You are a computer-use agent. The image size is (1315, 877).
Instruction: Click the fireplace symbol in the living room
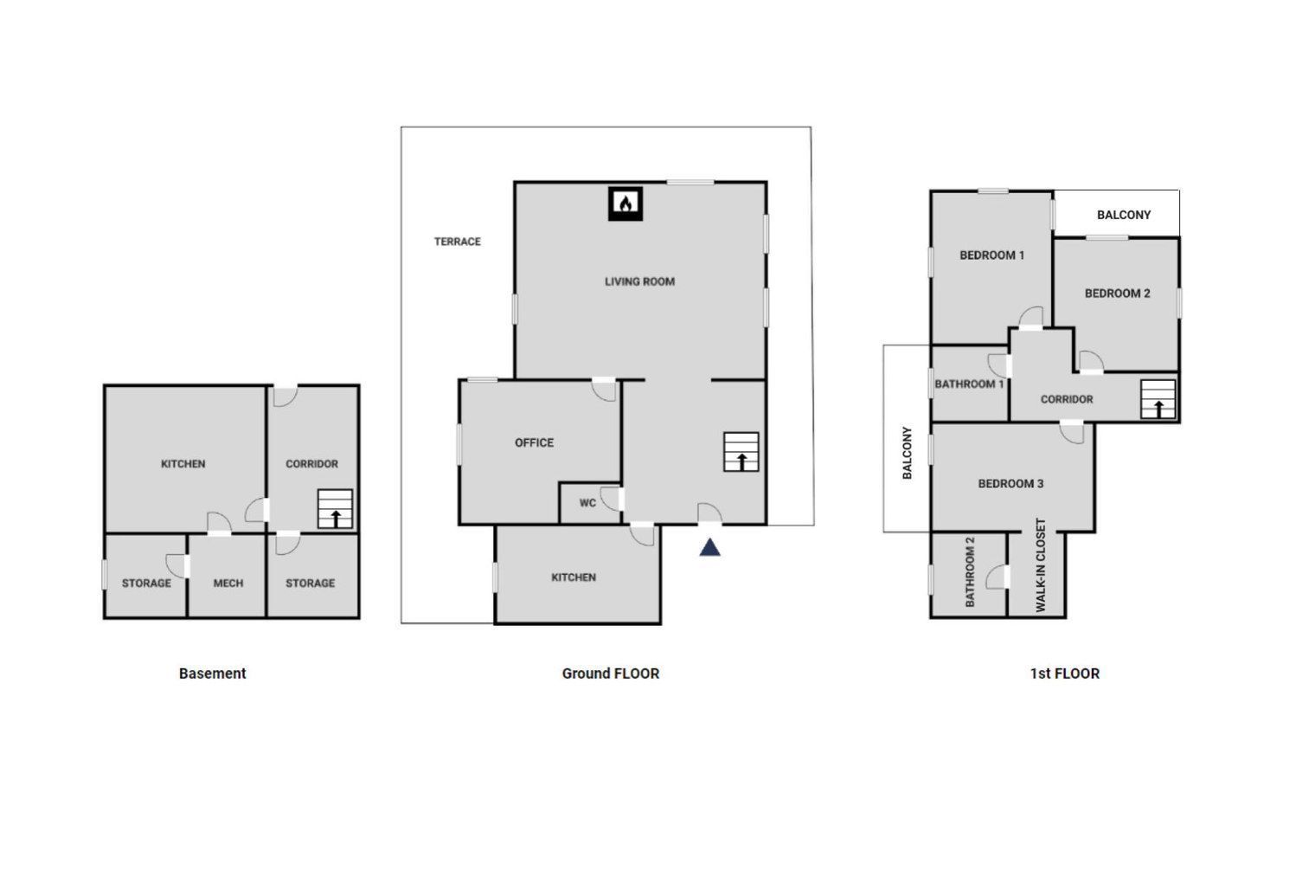[x=625, y=203]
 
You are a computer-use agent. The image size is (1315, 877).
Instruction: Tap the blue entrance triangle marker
[x=709, y=547]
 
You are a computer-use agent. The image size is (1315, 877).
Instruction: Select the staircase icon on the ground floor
[x=741, y=452]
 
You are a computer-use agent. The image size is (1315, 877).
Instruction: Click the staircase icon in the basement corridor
[x=335, y=509]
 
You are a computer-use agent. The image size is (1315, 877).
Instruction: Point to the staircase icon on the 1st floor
[x=1158, y=399]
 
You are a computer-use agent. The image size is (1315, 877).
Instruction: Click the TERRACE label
[x=458, y=242]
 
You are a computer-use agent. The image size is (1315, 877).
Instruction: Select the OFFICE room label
[x=535, y=442]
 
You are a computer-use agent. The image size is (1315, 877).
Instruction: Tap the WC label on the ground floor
[x=587, y=503]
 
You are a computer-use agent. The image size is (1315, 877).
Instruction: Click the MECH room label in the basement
[x=228, y=583]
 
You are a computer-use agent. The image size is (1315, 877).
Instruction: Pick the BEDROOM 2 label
[x=1117, y=293]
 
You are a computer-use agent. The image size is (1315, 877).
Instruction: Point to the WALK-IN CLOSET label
[x=1041, y=564]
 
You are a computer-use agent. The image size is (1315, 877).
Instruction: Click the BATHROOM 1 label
[x=969, y=384]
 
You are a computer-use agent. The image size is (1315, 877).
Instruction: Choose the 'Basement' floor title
[x=213, y=674]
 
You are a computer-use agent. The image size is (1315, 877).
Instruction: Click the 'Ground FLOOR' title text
[x=611, y=674]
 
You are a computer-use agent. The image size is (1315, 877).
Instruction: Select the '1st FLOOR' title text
[x=1065, y=674]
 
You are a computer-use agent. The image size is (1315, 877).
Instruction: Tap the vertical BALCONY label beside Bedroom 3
[x=907, y=452]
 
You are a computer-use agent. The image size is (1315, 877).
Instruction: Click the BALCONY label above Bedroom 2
[x=1124, y=215]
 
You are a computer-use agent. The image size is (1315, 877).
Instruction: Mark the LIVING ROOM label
[x=640, y=281]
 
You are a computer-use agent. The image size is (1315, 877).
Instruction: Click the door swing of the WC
[x=609, y=500]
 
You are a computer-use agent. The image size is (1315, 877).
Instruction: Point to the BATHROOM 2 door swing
[x=995, y=577]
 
